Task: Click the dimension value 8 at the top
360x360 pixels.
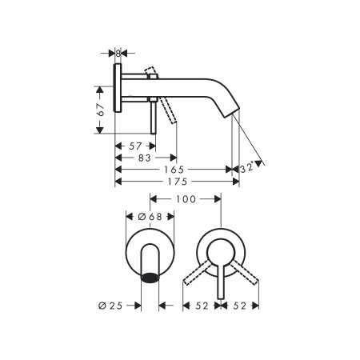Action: click(118, 54)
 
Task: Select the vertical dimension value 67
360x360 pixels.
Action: click(101, 110)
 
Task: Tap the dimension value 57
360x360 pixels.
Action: click(135, 146)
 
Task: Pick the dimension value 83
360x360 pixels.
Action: click(145, 158)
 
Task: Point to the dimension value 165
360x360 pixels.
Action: click(174, 170)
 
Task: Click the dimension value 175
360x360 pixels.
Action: click(178, 182)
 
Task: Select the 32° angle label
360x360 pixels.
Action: click(247, 168)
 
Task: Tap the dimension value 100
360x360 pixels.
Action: click(186, 199)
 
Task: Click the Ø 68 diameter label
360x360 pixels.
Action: click(150, 217)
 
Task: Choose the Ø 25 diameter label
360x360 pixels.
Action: click(110, 306)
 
